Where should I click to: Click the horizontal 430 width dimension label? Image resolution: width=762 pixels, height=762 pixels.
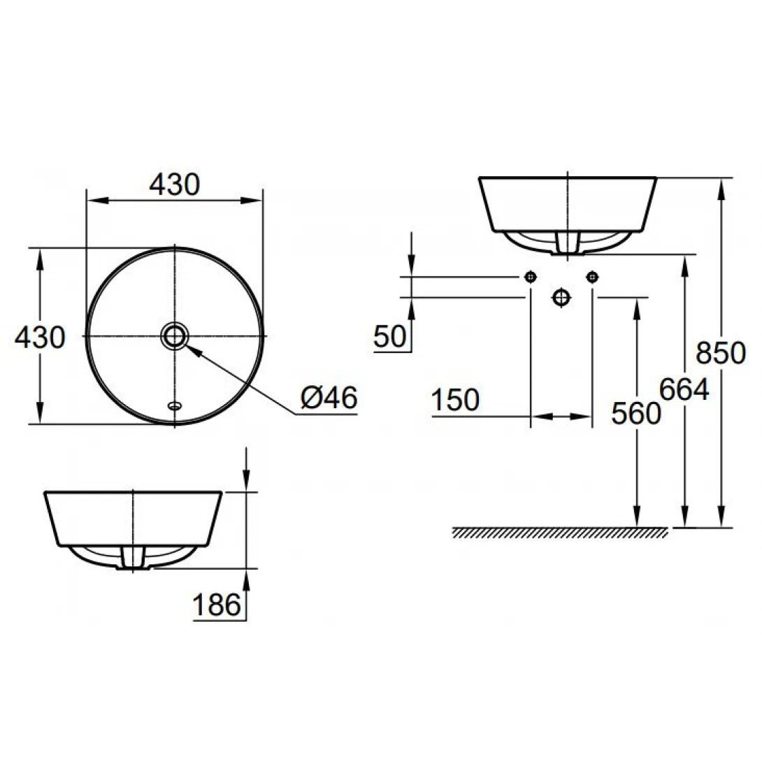point(175,184)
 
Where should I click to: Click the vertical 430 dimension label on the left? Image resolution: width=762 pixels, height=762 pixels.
point(40,338)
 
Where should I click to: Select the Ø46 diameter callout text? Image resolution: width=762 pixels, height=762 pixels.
point(329,398)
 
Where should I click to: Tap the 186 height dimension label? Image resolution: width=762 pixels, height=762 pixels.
point(216,605)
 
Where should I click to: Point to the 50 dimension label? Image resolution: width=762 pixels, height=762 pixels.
point(390,337)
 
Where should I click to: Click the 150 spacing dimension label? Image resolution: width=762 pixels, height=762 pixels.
point(455,401)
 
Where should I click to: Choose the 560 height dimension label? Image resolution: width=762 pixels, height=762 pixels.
point(635,413)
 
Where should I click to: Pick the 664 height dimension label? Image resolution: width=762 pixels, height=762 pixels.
point(684,389)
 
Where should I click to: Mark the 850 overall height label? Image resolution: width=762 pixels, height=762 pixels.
point(721,354)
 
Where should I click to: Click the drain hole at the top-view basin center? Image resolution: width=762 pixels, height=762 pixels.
point(174,336)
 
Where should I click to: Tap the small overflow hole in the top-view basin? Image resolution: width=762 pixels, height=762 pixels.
point(174,405)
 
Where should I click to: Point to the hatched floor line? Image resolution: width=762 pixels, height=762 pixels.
point(559,533)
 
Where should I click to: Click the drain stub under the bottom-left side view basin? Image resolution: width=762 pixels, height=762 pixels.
point(133,558)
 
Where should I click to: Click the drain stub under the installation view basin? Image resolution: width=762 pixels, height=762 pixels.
point(567,243)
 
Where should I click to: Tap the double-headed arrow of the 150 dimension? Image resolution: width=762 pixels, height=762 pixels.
point(562,417)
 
